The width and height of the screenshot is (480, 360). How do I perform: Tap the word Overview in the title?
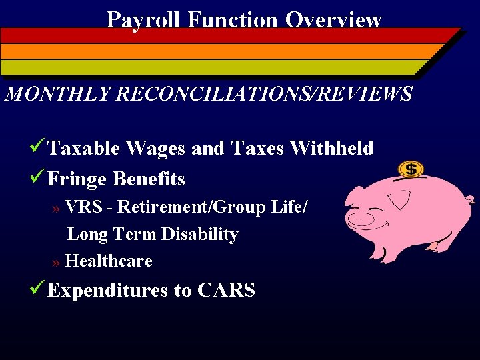coord(333,19)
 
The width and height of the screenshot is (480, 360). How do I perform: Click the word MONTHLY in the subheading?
coord(58,94)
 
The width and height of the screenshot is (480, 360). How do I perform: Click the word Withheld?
coord(331,148)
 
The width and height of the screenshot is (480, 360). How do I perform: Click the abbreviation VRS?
coord(83,207)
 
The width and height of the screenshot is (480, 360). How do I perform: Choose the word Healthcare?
coord(109,261)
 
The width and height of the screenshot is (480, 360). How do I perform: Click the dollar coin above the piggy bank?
coord(411,169)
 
